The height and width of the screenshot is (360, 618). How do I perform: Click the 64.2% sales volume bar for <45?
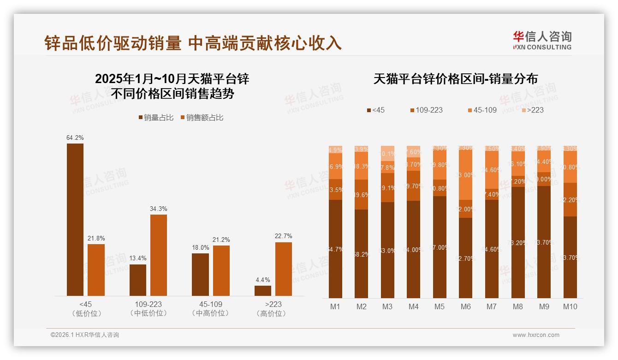pos(75,220)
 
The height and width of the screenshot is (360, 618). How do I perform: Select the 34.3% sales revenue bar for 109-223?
pos(159,255)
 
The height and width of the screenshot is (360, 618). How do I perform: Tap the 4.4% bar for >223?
pos(263,291)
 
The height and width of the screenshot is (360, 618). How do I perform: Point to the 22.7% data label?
pos(284,236)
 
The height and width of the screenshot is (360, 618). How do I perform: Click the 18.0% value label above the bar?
pos(200,248)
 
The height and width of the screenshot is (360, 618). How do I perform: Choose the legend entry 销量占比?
pos(156,118)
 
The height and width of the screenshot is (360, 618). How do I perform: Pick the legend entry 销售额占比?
pos(202,118)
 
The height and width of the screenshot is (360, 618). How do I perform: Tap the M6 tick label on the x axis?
pos(466,306)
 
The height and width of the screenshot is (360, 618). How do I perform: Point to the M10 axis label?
pos(570,306)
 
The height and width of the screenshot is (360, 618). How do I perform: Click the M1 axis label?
pos(335,306)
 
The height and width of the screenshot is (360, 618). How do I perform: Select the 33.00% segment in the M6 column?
pos(466,175)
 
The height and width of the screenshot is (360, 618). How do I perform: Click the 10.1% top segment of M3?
pos(387,154)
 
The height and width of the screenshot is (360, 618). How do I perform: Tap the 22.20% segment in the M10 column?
pos(570,200)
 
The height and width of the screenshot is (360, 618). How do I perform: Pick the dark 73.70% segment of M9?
pos(544,242)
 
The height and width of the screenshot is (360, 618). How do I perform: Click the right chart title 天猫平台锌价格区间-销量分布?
pos(455,79)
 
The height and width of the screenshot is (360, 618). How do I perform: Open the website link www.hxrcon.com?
pos(536,335)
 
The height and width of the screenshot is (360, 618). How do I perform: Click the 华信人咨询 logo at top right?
pos(542,40)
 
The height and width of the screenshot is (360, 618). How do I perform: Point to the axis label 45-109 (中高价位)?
pos(210,309)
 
